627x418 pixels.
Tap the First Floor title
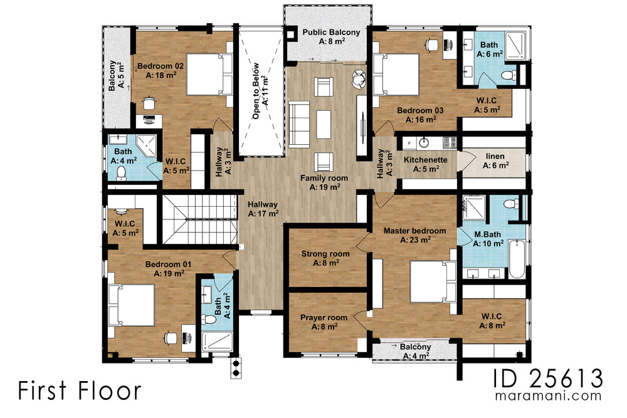(x=80, y=390)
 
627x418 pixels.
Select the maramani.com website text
(x=548, y=397)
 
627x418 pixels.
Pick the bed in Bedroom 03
(x=396, y=74)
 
